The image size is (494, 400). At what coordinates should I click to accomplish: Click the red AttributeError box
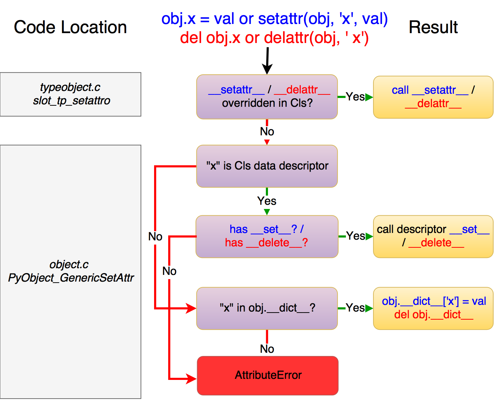click(x=268, y=375)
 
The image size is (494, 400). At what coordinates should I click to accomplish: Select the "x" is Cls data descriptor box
click(x=267, y=166)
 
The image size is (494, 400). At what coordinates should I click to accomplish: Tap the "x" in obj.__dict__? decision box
click(x=267, y=308)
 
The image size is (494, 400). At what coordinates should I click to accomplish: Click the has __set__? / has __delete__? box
click(x=267, y=236)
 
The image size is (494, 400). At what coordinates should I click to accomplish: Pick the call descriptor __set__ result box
click(x=433, y=236)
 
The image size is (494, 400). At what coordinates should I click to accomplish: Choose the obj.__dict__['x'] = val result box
click(x=433, y=308)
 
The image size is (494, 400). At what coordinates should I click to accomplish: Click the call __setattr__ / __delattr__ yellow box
click(x=433, y=97)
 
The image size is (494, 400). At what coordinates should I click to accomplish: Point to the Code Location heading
click(x=70, y=27)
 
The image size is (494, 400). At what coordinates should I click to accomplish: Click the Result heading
click(x=433, y=27)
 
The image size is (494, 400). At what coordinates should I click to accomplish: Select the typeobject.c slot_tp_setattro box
click(x=71, y=94)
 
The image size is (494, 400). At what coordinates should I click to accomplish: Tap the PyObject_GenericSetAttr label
click(x=71, y=278)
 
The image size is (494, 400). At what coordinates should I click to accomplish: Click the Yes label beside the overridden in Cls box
click(x=355, y=97)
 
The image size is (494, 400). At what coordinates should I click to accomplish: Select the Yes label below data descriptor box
click(x=267, y=201)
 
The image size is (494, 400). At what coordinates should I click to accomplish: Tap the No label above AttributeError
click(x=267, y=349)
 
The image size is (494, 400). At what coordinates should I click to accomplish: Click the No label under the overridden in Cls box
click(x=267, y=131)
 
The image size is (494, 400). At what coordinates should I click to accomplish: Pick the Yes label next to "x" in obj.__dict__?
click(x=355, y=308)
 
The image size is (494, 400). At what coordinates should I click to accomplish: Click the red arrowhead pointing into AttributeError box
click(x=192, y=379)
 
